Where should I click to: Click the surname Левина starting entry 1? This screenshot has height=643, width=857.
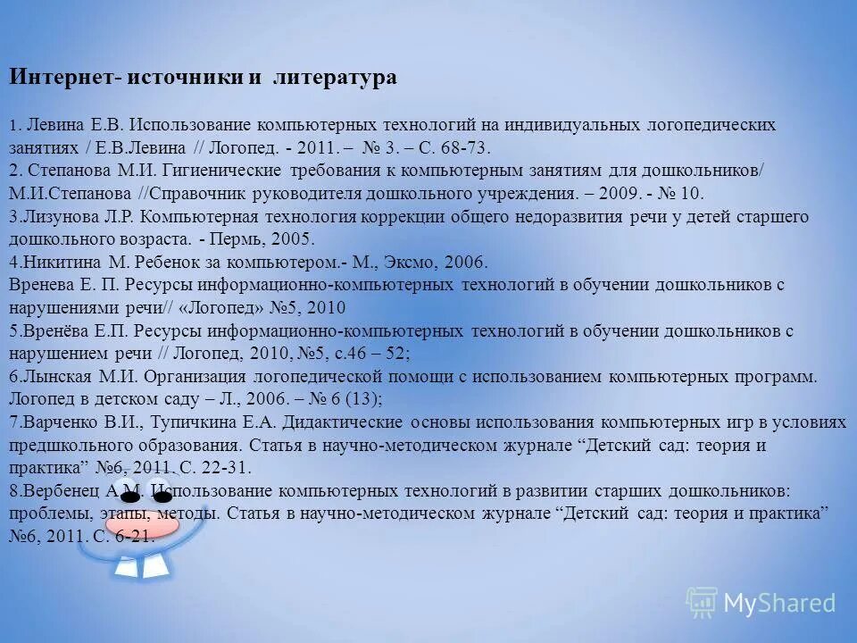coord(54,124)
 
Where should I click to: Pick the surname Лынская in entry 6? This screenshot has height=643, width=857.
coord(53,377)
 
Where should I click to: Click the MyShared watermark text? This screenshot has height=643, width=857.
coord(778,604)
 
